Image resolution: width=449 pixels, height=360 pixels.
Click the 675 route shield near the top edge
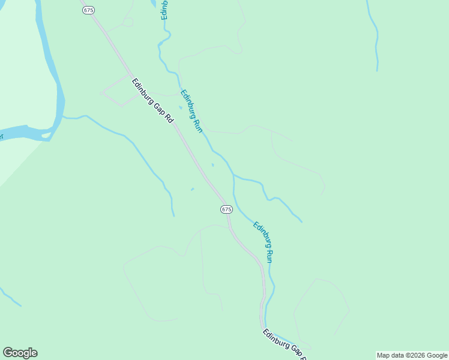point(89,10)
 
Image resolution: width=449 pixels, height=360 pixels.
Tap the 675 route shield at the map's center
point(226,209)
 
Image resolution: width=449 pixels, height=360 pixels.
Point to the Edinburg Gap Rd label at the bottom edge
point(285,344)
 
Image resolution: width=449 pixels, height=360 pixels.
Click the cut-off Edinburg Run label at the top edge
point(164,10)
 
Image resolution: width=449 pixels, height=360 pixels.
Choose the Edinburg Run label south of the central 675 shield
point(264,242)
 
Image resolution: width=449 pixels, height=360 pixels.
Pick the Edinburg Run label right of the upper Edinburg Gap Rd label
point(191,111)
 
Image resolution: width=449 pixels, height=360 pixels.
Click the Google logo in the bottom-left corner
point(20,353)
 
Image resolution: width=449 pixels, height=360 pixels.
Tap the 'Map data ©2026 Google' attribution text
point(412,355)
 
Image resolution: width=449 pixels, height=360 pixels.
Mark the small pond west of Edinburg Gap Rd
point(192,190)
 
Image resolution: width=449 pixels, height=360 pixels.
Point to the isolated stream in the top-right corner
point(376,36)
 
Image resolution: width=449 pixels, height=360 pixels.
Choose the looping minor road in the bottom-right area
point(321,306)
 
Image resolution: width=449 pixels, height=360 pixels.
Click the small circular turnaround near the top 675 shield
point(128,22)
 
